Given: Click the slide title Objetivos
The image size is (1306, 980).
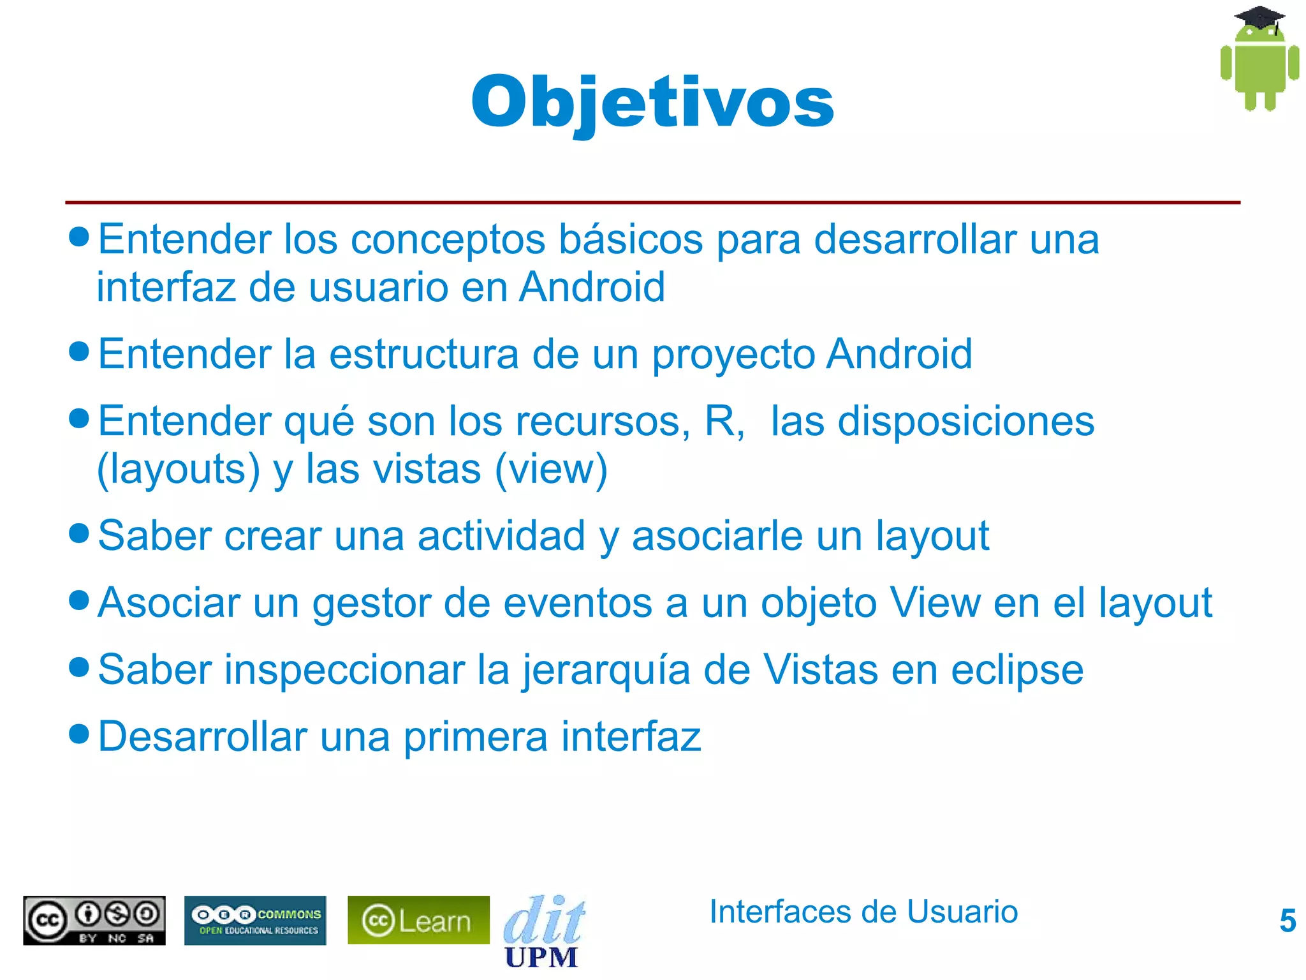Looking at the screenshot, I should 652,102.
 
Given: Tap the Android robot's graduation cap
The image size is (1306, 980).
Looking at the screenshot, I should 1259,18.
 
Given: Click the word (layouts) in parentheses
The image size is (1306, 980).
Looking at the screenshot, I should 178,470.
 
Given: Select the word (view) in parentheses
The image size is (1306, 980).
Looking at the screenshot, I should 551,470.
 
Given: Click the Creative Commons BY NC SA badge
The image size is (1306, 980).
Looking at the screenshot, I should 94,920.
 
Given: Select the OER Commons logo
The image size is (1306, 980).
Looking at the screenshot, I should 255,920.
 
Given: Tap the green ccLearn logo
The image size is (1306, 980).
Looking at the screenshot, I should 418,920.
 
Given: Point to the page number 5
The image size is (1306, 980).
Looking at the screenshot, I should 1288,921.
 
